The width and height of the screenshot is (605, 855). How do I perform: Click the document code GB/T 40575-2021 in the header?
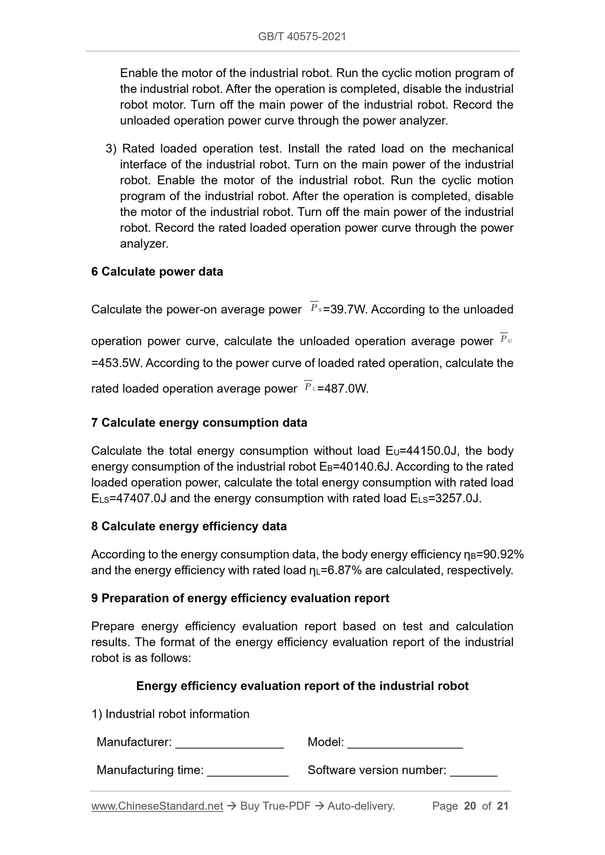302,37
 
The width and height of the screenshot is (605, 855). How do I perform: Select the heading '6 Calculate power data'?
157,272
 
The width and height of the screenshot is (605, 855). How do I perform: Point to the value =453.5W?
116,363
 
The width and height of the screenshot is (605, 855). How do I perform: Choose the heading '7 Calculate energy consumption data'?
199,423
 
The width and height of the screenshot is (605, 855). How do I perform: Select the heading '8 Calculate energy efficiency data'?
189,526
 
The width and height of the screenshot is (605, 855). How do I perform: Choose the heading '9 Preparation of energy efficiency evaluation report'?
240,599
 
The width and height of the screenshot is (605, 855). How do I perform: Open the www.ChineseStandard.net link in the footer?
157,806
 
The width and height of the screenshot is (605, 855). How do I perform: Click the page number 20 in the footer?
470,806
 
